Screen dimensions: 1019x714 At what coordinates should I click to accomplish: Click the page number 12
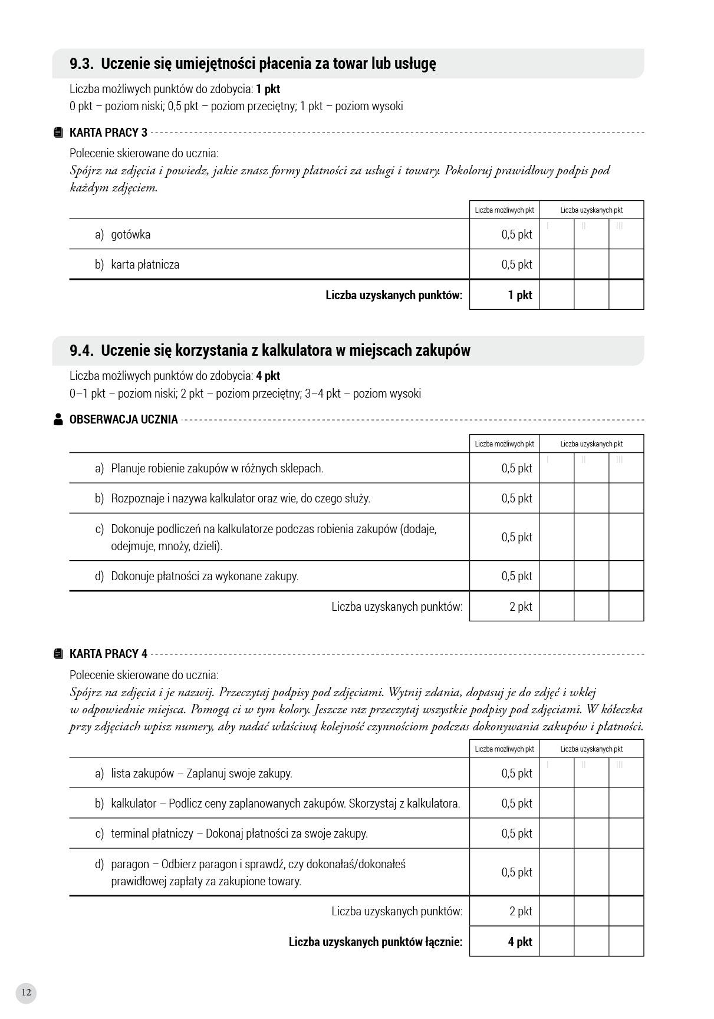coord(26,992)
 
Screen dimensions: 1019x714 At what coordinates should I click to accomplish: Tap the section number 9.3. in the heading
coord(82,64)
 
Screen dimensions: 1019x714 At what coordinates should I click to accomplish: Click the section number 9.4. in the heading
coord(82,350)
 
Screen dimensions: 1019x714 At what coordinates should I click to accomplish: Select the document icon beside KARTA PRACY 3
coord(58,133)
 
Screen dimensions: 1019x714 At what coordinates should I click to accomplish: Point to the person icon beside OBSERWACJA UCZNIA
coord(58,419)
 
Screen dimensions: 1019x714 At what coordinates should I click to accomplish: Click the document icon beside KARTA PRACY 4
coord(58,654)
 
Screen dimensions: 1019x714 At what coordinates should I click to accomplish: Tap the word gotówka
coord(130,234)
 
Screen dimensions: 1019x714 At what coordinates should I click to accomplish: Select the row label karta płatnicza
coord(145,264)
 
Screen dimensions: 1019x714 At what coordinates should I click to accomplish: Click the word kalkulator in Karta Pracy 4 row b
coord(133,803)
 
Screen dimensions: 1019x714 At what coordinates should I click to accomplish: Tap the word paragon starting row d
coord(130,864)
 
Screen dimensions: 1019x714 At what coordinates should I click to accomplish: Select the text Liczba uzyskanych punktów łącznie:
coord(376,942)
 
